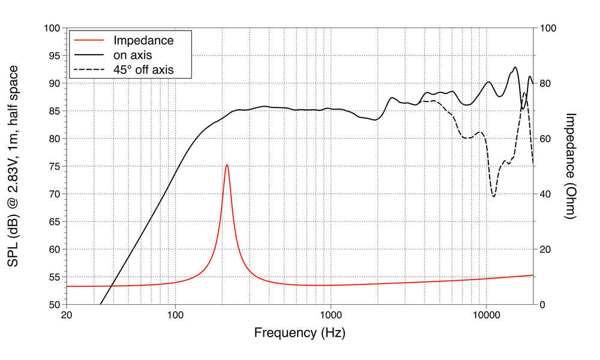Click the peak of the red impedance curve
point(227,164)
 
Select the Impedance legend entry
point(143,41)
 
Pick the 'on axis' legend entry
point(133,55)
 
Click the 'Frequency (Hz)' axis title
point(299,332)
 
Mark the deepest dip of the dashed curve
point(494,196)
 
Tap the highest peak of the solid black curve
point(515,67)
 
